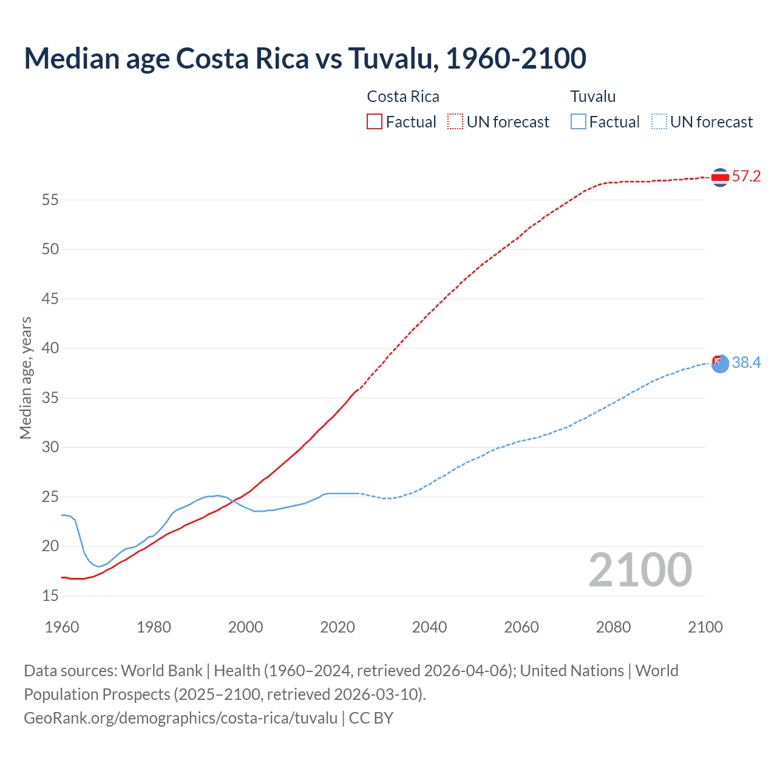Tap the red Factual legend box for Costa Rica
coord(375,122)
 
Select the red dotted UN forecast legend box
coord(455,122)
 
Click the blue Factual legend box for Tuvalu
coord(579,122)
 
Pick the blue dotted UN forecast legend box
coord(659,122)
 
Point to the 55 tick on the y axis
coord(50,200)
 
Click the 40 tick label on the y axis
coord(50,348)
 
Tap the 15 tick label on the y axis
coord(50,596)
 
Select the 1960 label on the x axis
coord(62,627)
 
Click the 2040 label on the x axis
coord(429,627)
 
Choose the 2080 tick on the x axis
coord(613,627)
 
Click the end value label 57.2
coord(746,177)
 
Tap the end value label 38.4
coord(746,363)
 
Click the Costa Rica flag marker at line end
coord(720,177)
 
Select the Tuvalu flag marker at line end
coord(720,364)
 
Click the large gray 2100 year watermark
coord(640,570)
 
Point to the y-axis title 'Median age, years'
coord(25,378)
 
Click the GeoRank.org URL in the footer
coord(180,718)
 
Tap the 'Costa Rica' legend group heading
coord(403,97)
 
